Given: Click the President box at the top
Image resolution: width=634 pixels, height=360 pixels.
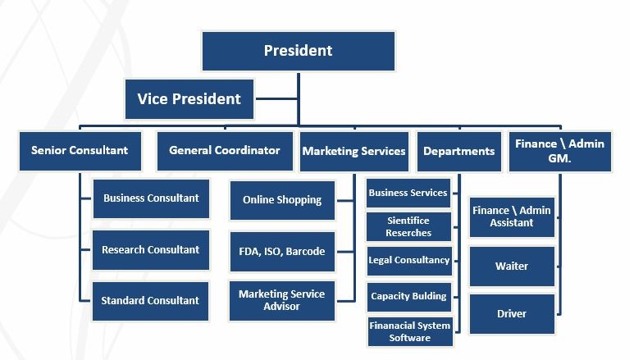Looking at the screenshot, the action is tap(299, 52).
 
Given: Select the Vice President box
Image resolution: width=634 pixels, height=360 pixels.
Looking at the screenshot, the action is tap(189, 99).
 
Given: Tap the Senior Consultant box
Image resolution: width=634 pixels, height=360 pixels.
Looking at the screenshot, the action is tap(80, 151).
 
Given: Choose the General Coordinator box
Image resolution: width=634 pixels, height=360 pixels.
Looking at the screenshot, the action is tap(225, 151).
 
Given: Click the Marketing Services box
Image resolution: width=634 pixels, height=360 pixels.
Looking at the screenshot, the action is tap(354, 151).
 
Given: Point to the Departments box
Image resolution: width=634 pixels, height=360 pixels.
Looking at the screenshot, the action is tap(459, 151).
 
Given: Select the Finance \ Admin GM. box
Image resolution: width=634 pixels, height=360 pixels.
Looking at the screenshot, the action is tap(560, 151).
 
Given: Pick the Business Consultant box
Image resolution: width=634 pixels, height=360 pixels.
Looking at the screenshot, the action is tap(151, 198).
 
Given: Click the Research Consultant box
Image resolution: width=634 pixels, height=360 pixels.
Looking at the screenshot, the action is tap(151, 250).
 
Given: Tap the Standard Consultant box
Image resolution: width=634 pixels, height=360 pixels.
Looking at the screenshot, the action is tap(150, 301).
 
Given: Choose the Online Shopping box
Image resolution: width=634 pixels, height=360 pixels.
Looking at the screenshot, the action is tap(282, 200).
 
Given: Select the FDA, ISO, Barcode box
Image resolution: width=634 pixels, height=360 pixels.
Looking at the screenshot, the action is tap(282, 252).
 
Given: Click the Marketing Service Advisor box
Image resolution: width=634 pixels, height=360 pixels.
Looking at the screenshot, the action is tap(282, 301).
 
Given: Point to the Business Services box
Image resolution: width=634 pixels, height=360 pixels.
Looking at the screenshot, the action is tap(408, 193).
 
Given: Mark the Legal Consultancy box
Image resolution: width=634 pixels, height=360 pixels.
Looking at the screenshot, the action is tap(409, 261).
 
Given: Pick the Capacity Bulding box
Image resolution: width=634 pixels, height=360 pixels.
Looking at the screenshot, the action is tap(409, 297).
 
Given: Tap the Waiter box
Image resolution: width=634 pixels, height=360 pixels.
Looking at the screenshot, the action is tap(512, 267).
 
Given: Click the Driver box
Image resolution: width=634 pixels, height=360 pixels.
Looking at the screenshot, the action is tap(512, 314).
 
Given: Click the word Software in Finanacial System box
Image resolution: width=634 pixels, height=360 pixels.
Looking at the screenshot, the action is tap(409, 338).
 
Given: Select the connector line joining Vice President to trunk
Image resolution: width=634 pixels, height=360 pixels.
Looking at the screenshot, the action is tap(277, 98).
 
